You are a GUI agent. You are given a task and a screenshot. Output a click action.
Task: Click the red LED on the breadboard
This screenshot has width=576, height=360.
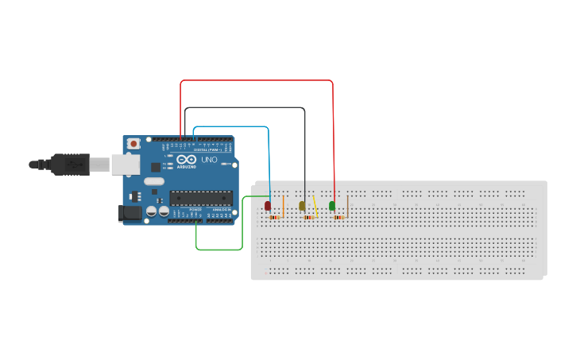click(269, 206)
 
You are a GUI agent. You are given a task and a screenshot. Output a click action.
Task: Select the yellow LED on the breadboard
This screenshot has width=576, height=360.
click(302, 206)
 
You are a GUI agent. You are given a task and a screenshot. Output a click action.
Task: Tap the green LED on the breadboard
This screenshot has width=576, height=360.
click(332, 206)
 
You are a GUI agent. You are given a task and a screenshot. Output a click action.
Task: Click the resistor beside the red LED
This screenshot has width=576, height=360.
click(275, 216)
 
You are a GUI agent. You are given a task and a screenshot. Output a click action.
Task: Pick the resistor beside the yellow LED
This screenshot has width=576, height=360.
click(307, 216)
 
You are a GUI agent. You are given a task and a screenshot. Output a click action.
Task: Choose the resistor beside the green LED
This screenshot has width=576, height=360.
click(339, 216)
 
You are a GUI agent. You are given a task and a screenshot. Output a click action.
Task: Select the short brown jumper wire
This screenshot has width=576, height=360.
click(348, 205)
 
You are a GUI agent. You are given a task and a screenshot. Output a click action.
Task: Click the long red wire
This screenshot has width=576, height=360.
click(254, 80)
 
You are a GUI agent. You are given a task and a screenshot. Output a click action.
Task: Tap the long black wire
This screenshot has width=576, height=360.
click(246, 107)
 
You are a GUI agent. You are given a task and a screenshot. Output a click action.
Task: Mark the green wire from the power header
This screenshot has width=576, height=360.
click(219, 250)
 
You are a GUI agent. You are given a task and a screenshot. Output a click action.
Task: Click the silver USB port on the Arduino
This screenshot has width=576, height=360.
click(122, 165)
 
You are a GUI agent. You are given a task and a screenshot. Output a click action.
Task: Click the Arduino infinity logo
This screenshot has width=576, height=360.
click(187, 160)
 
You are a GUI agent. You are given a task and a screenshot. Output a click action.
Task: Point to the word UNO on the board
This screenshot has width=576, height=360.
click(209, 160)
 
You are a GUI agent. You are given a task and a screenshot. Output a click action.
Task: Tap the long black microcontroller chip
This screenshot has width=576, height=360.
click(200, 199)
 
